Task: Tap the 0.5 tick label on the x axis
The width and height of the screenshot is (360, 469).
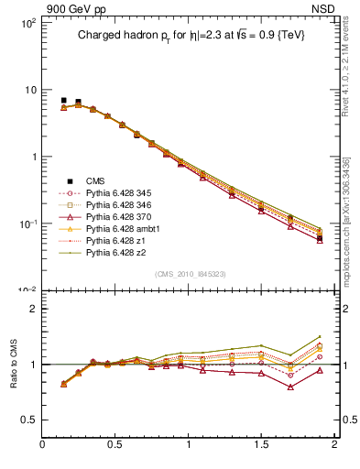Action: point(115,447)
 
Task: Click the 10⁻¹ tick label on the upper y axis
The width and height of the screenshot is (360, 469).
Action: point(27,224)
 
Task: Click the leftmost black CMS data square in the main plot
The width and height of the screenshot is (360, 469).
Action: point(63,101)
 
